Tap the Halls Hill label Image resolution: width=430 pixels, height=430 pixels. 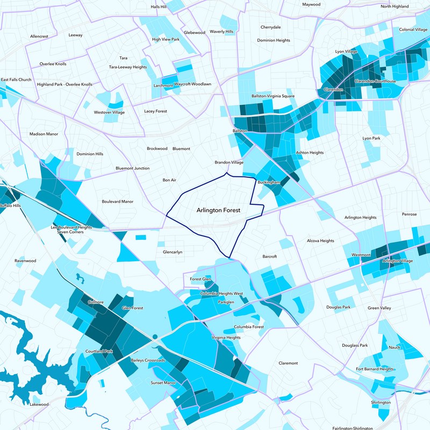(x=159, y=7)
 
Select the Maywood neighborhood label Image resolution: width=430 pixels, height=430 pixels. (x=311, y=4)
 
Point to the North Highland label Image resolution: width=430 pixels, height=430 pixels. (x=395, y=6)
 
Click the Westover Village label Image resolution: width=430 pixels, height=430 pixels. (x=109, y=112)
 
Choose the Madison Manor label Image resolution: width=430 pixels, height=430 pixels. (x=44, y=134)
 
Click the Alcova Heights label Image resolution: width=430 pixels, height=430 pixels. (x=320, y=241)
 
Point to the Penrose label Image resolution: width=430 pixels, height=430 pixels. (x=409, y=214)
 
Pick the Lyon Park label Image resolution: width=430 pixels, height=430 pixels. (x=371, y=138)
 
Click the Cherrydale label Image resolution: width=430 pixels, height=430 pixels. (x=270, y=27)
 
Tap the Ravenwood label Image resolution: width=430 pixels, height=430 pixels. (x=25, y=261)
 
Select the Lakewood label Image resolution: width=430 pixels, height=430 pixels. (x=39, y=404)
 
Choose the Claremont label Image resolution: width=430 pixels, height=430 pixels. (x=288, y=363)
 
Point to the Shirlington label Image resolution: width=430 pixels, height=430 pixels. (x=381, y=402)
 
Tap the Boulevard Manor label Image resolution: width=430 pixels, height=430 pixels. (x=117, y=202)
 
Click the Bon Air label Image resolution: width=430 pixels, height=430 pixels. (x=170, y=180)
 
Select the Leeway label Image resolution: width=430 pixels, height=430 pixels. (x=76, y=35)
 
